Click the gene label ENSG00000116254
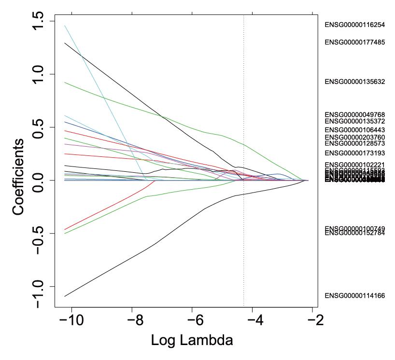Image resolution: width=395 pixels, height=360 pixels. pos(354,25)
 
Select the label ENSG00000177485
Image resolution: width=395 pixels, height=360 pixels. pos(354,42)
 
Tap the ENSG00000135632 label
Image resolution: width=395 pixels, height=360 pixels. pos(354,82)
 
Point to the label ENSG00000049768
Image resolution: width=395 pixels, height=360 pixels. pos(354,114)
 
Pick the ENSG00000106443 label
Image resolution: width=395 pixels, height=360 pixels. pos(354,130)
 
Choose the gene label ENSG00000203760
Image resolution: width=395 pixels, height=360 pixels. pos(354,138)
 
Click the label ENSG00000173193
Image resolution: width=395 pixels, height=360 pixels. pos(354,153)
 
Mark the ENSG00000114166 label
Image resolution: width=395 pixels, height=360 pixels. pos(354,295)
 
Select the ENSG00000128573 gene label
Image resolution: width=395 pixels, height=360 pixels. pos(354,143)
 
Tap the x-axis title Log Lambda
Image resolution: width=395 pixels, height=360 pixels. pos(185,340)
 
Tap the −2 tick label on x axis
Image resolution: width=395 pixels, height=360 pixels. pos(309,320)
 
